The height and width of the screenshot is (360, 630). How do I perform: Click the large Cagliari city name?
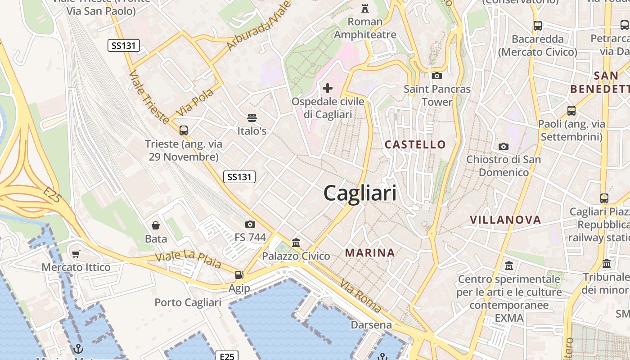coord(360,193)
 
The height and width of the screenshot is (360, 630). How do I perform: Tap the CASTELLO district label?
coord(415,144)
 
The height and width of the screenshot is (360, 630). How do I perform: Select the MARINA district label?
coord(370,253)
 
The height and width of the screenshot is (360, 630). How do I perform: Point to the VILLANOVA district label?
coord(505,220)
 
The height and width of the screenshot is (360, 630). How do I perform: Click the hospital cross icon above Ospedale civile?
coord(328,88)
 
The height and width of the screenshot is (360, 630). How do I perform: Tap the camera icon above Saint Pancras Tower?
coord(436,76)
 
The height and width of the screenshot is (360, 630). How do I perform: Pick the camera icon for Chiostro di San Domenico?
coord(504,146)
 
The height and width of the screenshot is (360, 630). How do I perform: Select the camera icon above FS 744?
coord(250,224)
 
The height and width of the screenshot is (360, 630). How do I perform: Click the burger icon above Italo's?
coord(252,118)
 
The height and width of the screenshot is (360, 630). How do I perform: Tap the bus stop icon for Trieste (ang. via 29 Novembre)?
coord(184,130)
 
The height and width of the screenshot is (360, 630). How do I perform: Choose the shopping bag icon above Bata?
coord(156,225)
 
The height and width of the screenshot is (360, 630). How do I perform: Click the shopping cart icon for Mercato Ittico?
coord(76,254)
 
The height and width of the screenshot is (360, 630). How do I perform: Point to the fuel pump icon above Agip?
coord(239,275)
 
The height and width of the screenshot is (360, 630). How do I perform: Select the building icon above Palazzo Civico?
coord(296,243)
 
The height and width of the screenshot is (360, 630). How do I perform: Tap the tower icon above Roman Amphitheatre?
coord(365,8)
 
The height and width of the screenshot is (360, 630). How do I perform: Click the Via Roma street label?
coord(361,296)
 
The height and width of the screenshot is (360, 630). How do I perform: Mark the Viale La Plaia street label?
coord(188,259)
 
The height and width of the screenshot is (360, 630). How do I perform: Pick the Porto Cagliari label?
coord(188,302)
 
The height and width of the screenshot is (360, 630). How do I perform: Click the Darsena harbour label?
coord(371,324)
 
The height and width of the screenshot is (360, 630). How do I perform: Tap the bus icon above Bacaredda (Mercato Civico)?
coord(538,26)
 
